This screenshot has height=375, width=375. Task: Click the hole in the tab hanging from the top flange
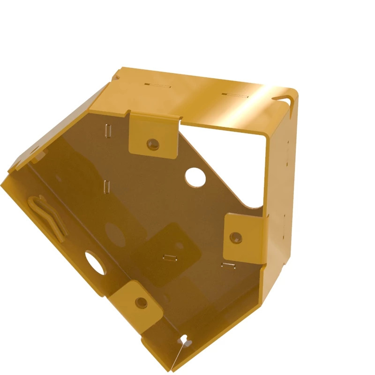tap(152, 144)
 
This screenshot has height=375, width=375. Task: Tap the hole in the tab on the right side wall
tap(236, 237)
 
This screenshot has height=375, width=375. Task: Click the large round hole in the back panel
tap(195, 176)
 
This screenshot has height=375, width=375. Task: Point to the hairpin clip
tap(47, 216)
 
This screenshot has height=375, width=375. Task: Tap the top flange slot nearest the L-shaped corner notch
tap(234, 94)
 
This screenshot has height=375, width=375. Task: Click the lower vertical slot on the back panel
tap(106, 186)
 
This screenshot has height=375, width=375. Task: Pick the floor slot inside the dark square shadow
tap(169, 257)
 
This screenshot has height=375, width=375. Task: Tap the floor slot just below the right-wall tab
tap(228, 266)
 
